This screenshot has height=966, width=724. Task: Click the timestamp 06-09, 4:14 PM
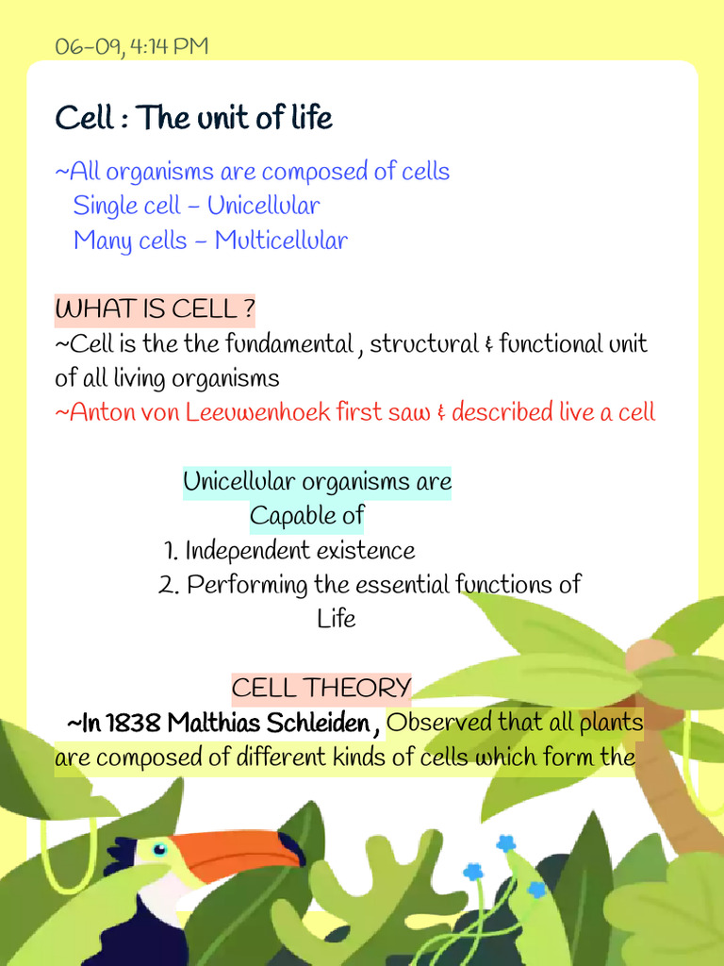coord(131,46)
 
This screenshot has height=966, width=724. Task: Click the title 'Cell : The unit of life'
coord(193,119)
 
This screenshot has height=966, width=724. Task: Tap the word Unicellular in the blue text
coord(263,206)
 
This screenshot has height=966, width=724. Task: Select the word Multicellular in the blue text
coord(281,241)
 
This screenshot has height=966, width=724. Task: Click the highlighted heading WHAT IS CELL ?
coord(155,309)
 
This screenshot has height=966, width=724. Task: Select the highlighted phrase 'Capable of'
coord(306,516)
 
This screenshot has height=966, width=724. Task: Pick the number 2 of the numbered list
coord(168,585)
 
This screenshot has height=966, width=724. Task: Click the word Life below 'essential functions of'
coord(337,619)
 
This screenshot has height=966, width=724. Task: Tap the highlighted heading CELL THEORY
coord(321,688)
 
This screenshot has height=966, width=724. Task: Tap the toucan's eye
coord(159,849)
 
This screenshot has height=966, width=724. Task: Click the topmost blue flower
coord(506,842)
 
